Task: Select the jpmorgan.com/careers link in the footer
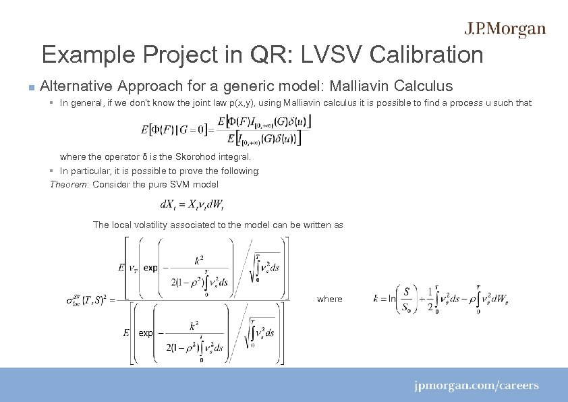tap(476, 386)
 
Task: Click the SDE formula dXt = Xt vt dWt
tap(197, 204)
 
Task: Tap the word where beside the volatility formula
tap(330, 299)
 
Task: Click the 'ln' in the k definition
tap(392, 298)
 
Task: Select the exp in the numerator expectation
tap(150, 268)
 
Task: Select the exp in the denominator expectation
tap(146, 333)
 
